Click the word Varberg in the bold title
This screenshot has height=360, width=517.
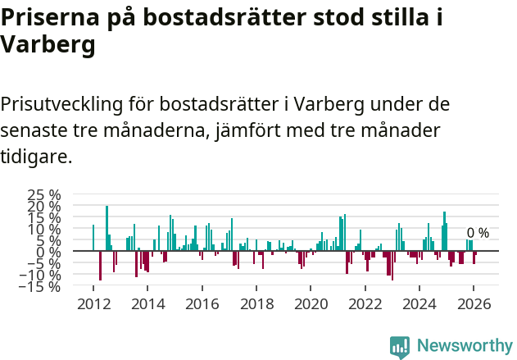pos(48,46)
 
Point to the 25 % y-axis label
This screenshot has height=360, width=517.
pos(44,195)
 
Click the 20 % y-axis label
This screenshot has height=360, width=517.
pos(44,207)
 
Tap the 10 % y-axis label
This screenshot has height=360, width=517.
pos(44,230)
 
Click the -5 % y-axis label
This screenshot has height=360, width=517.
pos(44,264)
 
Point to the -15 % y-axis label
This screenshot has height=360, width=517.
pos(41,287)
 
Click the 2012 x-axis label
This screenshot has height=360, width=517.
pos(93,303)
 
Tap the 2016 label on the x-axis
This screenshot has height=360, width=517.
pos(202,303)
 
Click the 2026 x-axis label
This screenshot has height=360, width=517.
pos(474,303)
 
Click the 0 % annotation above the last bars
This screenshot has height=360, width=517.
pos(478,233)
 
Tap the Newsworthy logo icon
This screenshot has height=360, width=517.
pos(399,346)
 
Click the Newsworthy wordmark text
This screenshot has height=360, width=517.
pos(464,346)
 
